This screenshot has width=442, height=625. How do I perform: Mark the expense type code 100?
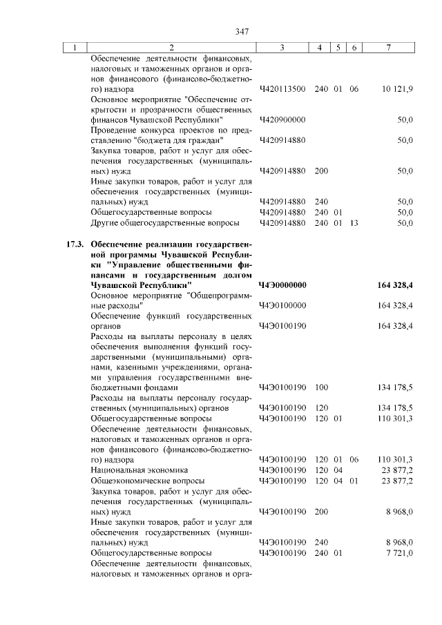pos(321,387)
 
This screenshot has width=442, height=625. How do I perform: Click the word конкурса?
pos(163,130)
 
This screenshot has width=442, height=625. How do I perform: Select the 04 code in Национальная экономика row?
pos(338,470)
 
